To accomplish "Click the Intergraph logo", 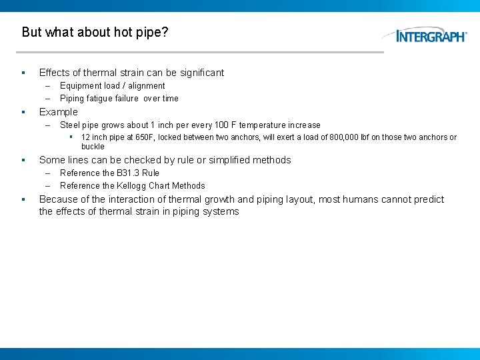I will (x=431, y=35).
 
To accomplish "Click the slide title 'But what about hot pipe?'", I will (x=95, y=32).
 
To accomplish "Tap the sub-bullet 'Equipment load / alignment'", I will (x=112, y=86).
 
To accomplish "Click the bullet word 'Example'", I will (x=59, y=112).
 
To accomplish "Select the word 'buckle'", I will (x=93, y=147).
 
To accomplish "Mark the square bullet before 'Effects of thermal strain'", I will (x=23, y=73).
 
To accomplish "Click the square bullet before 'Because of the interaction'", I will (x=23, y=199).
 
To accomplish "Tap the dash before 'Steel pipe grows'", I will (x=48, y=125).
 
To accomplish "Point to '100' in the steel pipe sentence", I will (x=222, y=125).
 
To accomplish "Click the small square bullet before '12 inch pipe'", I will (x=71, y=137).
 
